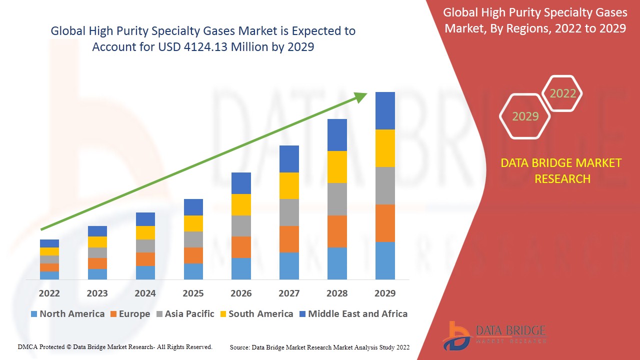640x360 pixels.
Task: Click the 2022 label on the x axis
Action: coord(49,293)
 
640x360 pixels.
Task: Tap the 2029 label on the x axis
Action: coord(385,293)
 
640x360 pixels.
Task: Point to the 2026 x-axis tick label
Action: coord(241,293)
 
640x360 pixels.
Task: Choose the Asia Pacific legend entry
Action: coord(185,314)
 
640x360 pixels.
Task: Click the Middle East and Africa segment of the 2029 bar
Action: coord(385,110)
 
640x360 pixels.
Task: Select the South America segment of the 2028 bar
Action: coord(337,167)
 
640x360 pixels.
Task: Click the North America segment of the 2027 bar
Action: coord(289,265)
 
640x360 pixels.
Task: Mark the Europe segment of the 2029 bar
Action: coord(385,223)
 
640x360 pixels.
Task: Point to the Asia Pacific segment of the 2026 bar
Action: coord(241,226)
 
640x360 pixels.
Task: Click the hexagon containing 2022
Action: coord(562,93)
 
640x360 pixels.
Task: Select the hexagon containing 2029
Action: coord(525,116)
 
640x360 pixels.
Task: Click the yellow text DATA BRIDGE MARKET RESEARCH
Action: coord(561,171)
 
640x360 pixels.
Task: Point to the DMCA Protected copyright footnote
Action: coord(115,346)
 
